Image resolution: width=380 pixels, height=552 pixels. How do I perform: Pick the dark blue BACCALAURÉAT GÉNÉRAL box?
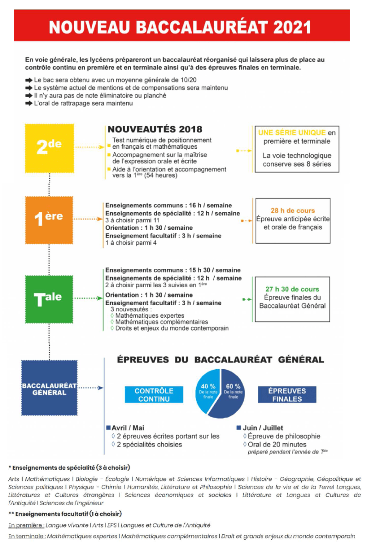(49, 388)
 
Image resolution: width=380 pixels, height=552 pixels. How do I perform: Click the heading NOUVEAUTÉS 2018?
(155, 129)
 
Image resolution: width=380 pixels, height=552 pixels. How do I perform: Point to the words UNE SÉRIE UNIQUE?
(292, 133)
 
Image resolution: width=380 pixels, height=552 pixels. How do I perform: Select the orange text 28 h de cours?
(292, 210)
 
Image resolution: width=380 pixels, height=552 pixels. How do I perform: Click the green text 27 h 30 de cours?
(292, 289)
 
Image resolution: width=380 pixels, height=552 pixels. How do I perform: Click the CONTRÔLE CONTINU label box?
(154, 395)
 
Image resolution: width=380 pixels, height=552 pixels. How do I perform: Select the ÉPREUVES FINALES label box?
(287, 395)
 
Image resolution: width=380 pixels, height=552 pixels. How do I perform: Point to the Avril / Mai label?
(128, 428)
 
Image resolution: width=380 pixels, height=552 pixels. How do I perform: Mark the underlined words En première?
(26, 525)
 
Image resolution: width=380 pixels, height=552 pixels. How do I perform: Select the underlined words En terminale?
(27, 536)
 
